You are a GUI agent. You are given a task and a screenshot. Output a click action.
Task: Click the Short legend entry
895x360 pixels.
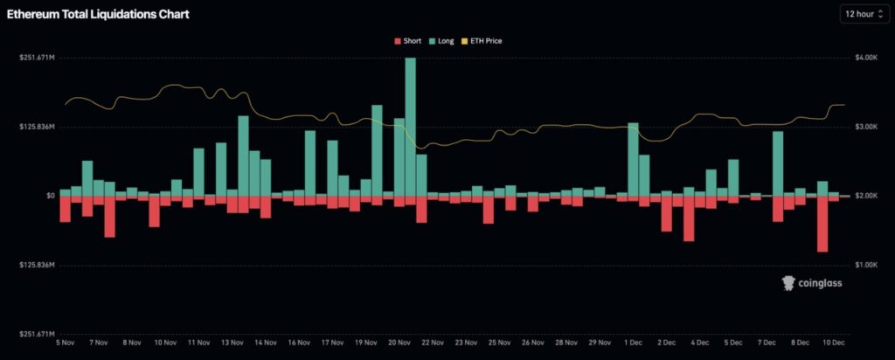(x=409, y=40)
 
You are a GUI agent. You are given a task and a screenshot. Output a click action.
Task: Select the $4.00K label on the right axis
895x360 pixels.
(x=865, y=58)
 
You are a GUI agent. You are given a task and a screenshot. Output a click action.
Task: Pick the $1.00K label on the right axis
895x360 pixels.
(x=865, y=264)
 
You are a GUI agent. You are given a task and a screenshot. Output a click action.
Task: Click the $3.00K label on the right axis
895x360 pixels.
(x=865, y=127)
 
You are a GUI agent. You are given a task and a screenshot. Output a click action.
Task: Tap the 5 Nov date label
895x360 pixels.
(x=66, y=343)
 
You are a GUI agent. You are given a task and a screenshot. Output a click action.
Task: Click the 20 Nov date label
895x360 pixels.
(x=399, y=343)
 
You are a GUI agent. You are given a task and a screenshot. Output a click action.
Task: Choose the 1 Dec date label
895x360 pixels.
(x=634, y=343)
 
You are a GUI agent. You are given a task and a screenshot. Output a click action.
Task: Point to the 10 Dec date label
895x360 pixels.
(x=834, y=343)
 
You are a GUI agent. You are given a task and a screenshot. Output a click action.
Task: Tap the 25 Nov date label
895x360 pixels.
(x=499, y=343)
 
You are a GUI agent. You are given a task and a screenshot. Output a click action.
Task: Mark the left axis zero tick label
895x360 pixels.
(x=52, y=196)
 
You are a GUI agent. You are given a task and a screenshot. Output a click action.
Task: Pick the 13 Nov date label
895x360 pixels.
(x=232, y=343)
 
